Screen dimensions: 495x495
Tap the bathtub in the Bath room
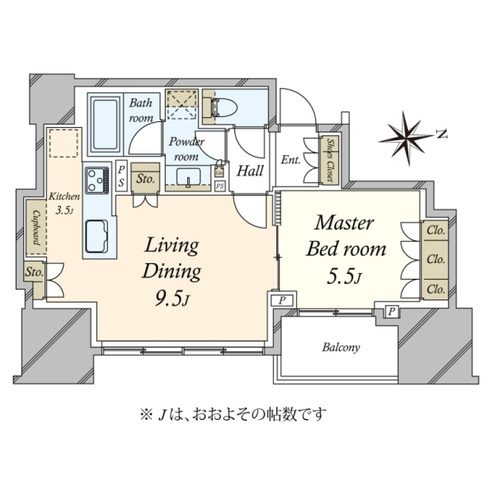[x=105, y=124]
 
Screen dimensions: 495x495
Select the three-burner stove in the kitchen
[x=97, y=180]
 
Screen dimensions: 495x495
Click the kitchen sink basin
[x=97, y=236]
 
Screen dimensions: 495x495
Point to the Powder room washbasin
[x=188, y=177]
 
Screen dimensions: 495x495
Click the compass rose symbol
[x=405, y=138]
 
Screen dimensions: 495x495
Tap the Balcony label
[x=341, y=347]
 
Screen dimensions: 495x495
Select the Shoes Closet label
[x=330, y=160]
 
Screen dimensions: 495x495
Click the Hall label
[x=250, y=171]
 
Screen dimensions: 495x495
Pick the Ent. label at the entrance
[x=290, y=160]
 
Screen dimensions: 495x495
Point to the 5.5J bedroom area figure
[x=344, y=277]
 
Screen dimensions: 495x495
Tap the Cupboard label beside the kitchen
[x=36, y=228]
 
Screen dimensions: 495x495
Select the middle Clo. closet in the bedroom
[x=436, y=260]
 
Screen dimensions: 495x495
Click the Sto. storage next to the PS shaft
[x=145, y=179]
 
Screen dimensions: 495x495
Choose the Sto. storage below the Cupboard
[x=35, y=271]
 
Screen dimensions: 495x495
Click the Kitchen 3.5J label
[x=64, y=203]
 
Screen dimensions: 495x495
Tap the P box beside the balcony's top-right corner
[x=391, y=312]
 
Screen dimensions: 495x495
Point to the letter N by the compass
[x=442, y=134]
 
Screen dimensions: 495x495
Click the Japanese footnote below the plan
[x=233, y=414]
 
